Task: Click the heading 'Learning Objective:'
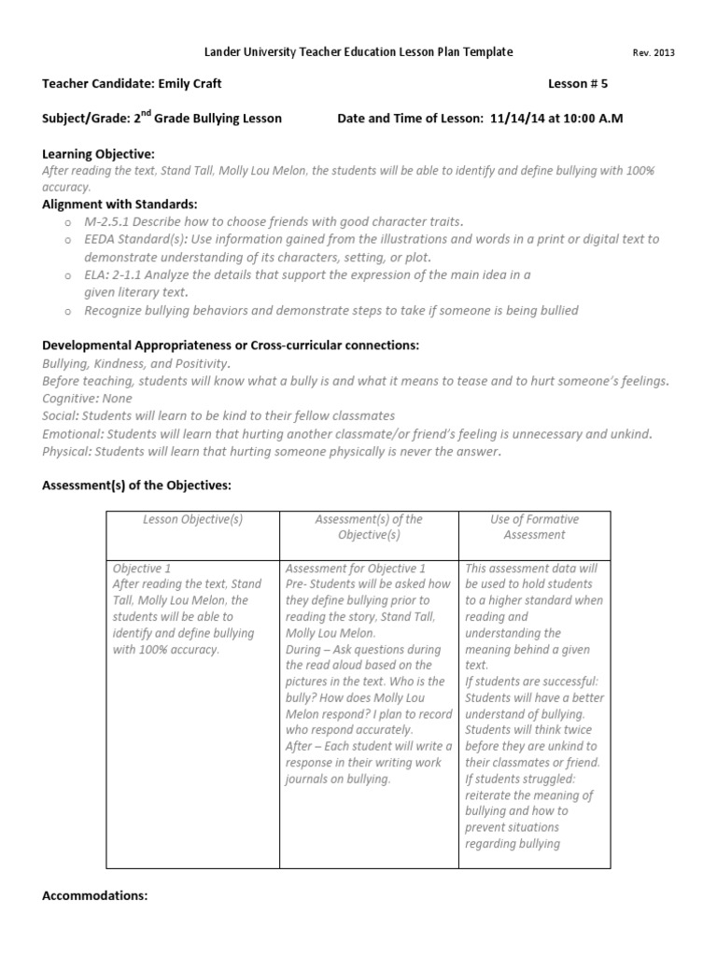point(99,153)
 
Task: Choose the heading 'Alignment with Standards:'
point(119,204)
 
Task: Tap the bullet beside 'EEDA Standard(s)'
point(68,240)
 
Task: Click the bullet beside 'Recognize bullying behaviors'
point(68,310)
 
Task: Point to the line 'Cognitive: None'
point(88,399)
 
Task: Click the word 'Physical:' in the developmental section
point(68,452)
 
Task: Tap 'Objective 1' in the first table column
point(142,568)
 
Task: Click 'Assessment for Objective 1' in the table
point(356,568)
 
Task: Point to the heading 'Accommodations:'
point(95,895)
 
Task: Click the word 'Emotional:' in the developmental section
point(73,434)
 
